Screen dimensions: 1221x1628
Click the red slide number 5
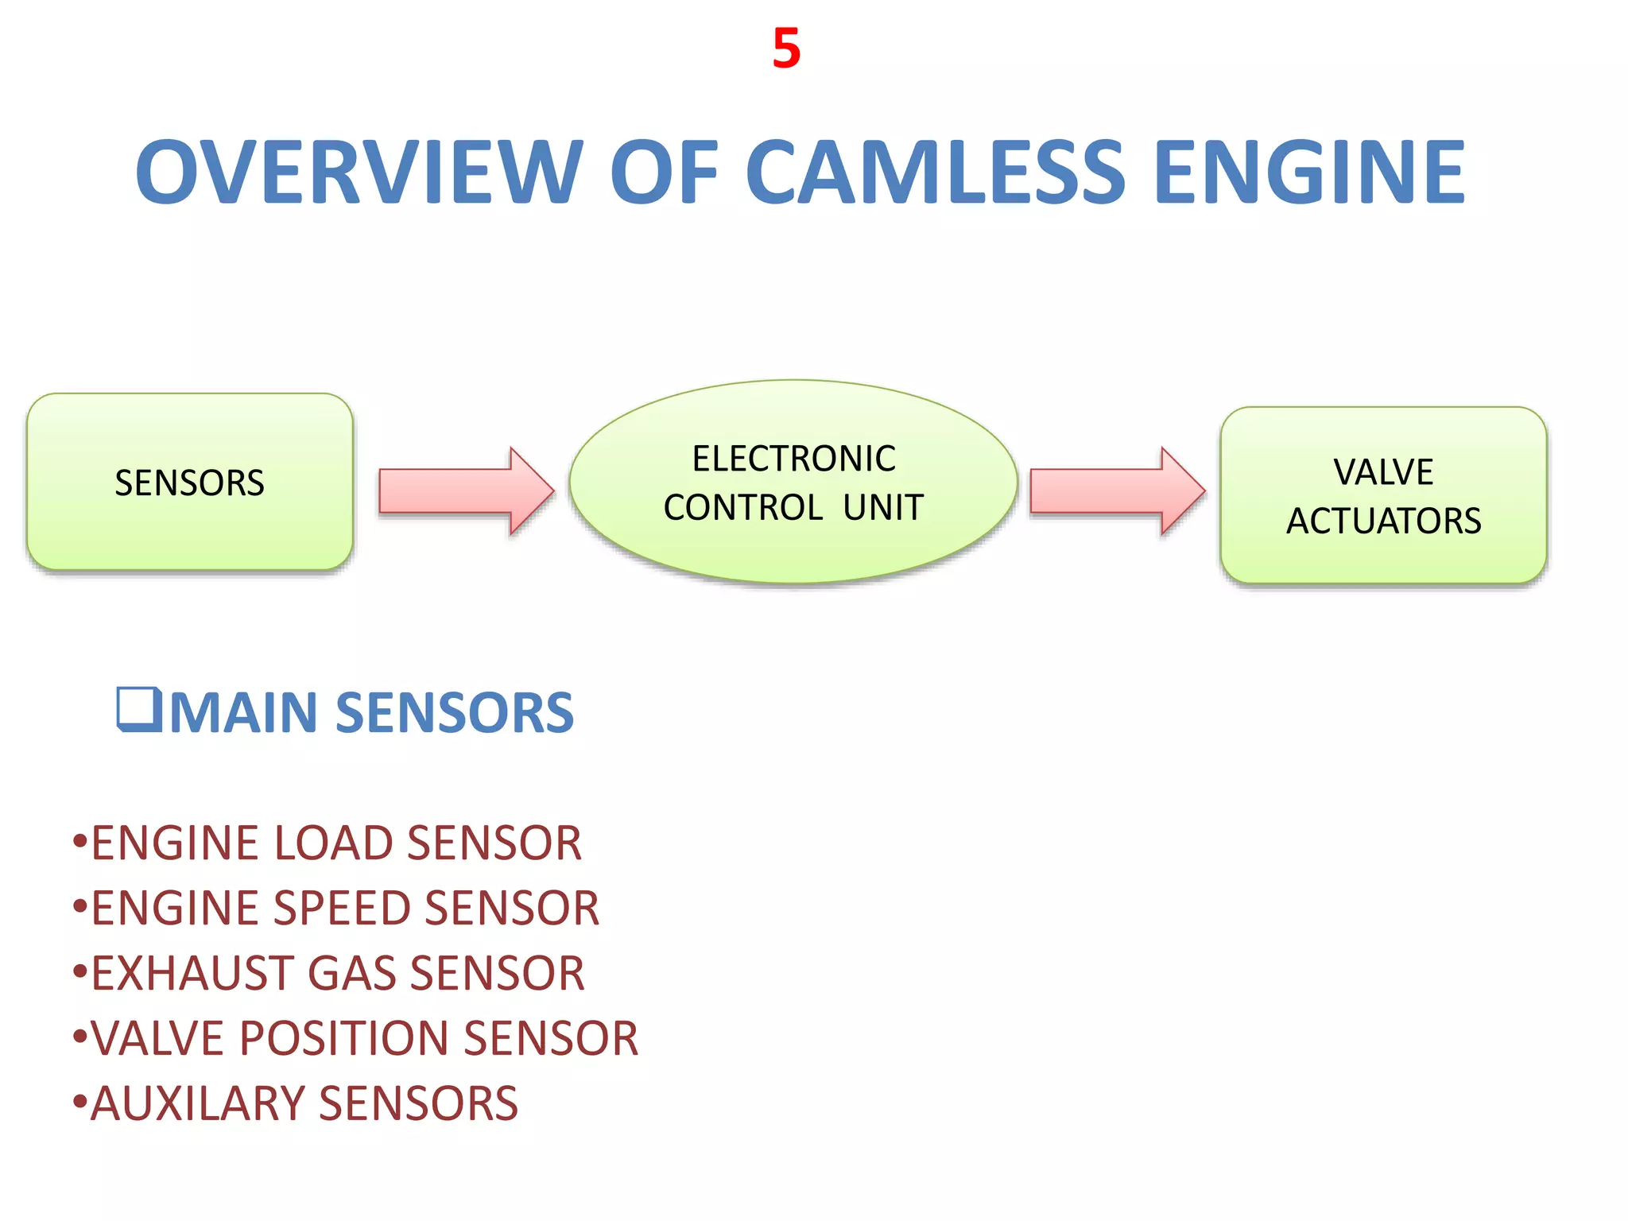tap(786, 48)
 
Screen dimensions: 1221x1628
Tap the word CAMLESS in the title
tap(935, 172)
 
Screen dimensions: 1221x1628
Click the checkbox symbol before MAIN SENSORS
tap(139, 708)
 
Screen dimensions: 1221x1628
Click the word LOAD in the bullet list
tap(333, 843)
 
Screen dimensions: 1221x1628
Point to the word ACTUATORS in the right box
tap(1383, 521)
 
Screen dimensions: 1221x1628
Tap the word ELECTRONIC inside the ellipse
tap(793, 459)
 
